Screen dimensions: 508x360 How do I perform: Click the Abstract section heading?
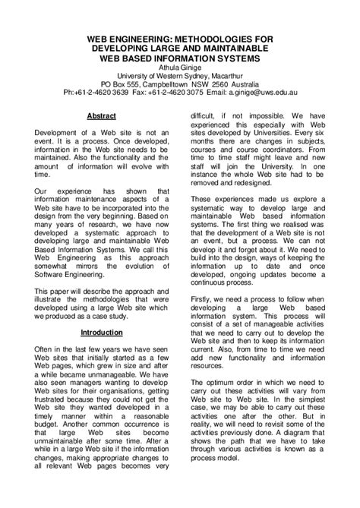tap(103, 115)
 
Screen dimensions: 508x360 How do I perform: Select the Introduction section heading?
tap(103, 332)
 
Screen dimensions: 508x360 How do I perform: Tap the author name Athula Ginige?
tap(179, 65)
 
